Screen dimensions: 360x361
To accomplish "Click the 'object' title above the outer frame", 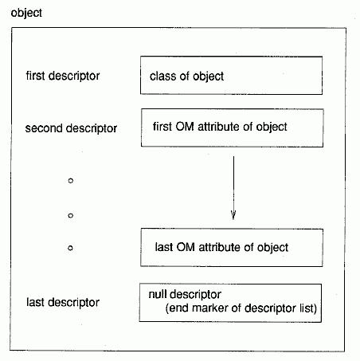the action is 26,13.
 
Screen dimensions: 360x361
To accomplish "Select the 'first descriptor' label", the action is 63,76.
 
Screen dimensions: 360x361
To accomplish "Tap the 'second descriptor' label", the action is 71,128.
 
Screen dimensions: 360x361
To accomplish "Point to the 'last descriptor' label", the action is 63,302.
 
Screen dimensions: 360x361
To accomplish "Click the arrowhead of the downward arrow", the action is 233,215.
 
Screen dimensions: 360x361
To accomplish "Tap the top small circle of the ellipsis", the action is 71,181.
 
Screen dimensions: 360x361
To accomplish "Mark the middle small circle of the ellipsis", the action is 71,215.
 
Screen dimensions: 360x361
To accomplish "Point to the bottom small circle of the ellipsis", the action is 70,248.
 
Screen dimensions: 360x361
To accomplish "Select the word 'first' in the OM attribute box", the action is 162,127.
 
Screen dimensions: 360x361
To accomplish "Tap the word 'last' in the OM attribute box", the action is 164,247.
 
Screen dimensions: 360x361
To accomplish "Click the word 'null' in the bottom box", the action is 158,294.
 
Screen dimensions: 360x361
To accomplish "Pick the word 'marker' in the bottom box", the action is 210,308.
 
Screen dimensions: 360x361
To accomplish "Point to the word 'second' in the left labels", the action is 44,128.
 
